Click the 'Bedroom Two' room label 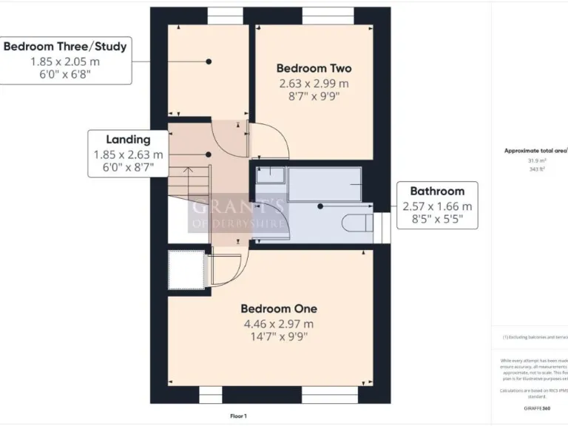pyautogui.click(x=314, y=68)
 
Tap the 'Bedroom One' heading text pyautogui.click(x=278, y=308)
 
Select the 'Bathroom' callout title pyautogui.click(x=437, y=191)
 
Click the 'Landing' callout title pyautogui.click(x=128, y=139)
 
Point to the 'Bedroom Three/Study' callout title pyautogui.click(x=65, y=46)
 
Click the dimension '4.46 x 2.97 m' pyautogui.click(x=278, y=323)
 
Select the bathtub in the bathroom pyautogui.click(x=324, y=184)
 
